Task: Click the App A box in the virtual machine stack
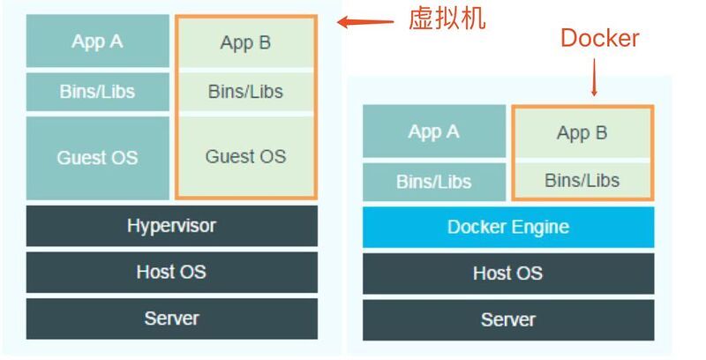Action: [97, 41]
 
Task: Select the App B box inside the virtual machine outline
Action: [245, 42]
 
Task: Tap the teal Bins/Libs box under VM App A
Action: [97, 91]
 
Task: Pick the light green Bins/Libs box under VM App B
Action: [245, 91]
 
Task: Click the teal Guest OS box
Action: [97, 158]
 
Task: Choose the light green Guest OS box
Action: [245, 156]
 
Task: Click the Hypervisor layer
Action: [171, 226]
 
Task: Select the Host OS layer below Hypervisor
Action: [171, 272]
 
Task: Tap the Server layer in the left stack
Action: [171, 318]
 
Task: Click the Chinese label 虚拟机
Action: [446, 19]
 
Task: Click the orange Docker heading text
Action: [600, 38]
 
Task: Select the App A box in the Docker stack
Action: [433, 132]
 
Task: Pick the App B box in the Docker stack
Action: [582, 133]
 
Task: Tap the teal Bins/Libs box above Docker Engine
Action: [433, 182]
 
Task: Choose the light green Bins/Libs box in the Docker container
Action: [582, 181]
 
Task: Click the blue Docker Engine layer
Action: [508, 228]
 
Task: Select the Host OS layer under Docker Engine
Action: [508, 274]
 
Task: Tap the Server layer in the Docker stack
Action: [508, 319]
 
